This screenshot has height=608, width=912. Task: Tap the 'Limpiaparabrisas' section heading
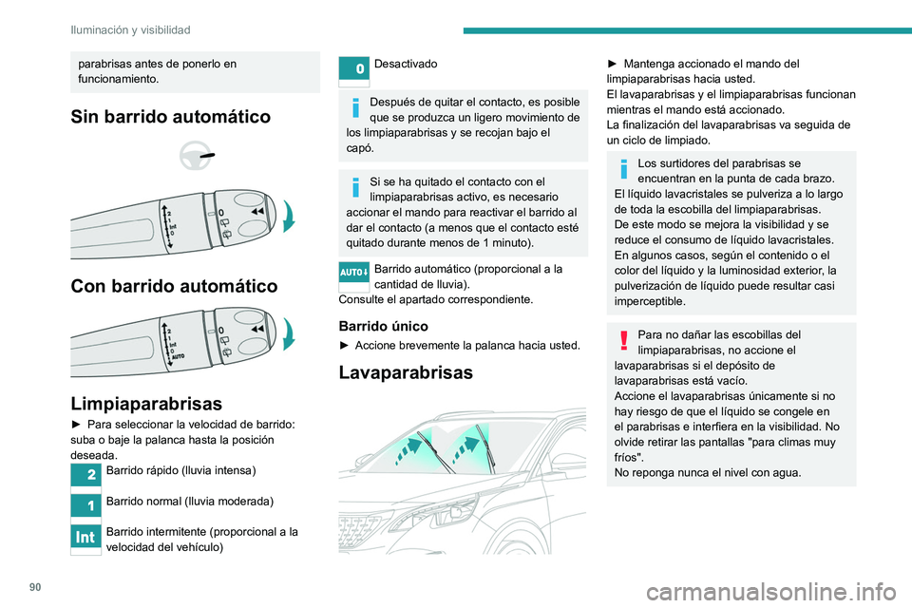(140, 403)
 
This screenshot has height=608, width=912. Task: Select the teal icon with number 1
(84, 505)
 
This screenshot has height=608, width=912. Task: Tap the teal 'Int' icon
(84, 537)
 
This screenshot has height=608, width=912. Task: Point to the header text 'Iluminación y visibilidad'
(130, 30)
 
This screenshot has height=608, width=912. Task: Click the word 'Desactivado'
(406, 64)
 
